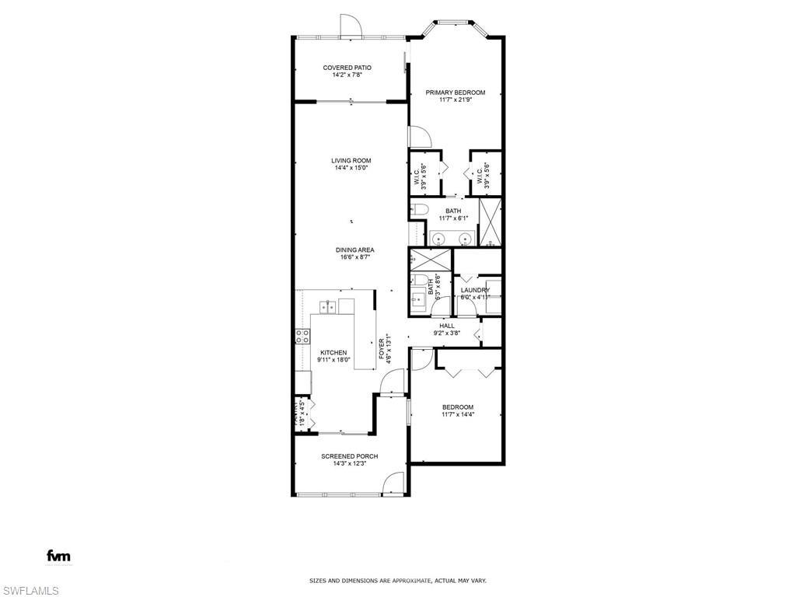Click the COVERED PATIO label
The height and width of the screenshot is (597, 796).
[x=347, y=68]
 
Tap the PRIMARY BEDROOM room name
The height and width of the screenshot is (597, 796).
[x=455, y=93]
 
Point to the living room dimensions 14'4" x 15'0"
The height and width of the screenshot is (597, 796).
[x=351, y=168]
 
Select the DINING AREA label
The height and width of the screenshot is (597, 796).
[x=355, y=250]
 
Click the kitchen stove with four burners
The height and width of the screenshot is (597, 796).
[x=302, y=337]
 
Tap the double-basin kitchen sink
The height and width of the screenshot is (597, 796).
[x=327, y=307]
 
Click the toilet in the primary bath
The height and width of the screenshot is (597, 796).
[x=417, y=210]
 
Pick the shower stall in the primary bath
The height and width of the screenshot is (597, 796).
[x=490, y=222]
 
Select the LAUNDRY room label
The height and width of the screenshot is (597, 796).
[x=474, y=290]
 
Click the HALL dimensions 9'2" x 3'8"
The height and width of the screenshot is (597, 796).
[x=447, y=333]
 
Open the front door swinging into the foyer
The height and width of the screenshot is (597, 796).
[x=395, y=382]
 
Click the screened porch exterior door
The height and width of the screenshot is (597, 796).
[x=394, y=484]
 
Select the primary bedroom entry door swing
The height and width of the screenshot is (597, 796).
[x=420, y=137]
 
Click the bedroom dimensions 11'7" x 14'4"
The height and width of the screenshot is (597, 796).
[x=458, y=414]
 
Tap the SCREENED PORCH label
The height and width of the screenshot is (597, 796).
[x=350, y=456]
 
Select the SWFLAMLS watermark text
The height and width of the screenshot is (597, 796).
[x=30, y=591]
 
